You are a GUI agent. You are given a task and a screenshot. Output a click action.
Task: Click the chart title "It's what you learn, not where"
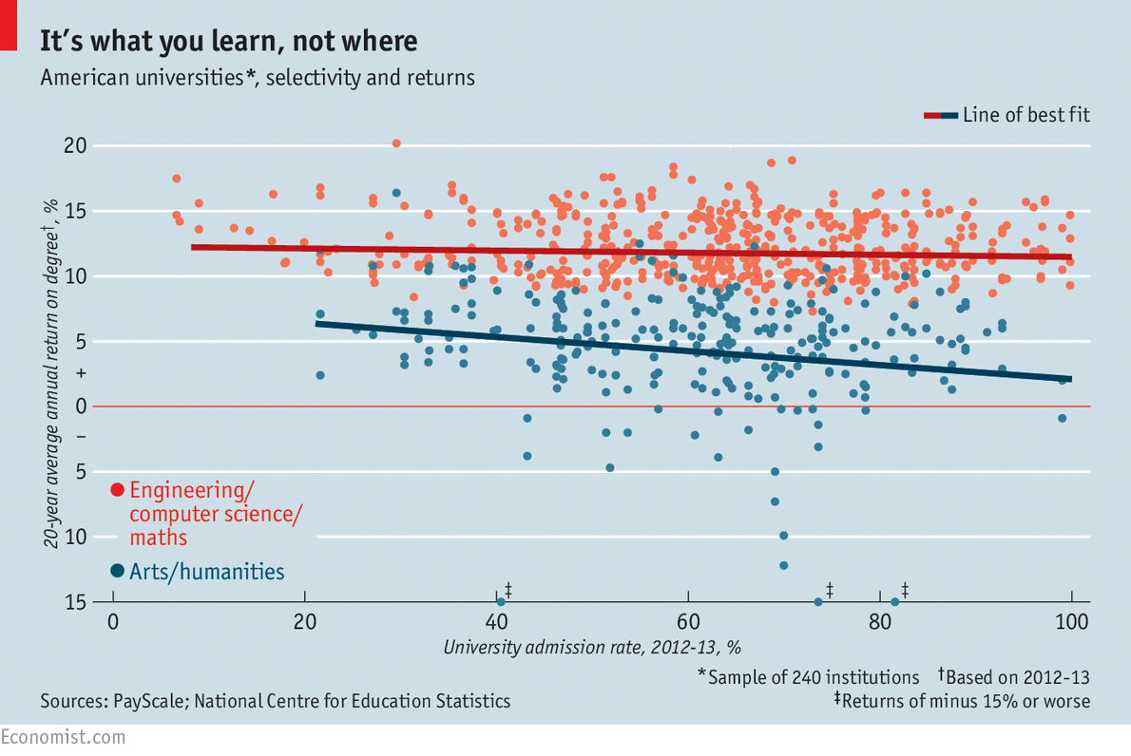click(228, 42)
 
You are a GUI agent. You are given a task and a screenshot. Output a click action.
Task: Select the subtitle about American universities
click(257, 78)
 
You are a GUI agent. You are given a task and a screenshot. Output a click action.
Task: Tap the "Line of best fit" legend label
click(1026, 115)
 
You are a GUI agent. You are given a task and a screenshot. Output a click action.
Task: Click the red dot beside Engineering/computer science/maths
click(117, 490)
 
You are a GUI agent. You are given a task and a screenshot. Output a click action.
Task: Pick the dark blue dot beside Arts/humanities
click(117, 571)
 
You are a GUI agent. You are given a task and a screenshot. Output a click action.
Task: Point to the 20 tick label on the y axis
click(75, 146)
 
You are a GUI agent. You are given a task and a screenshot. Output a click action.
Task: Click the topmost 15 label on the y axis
click(75, 211)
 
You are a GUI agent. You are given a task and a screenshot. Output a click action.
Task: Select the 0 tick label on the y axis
click(81, 406)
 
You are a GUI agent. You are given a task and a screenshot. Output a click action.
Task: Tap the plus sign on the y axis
click(81, 374)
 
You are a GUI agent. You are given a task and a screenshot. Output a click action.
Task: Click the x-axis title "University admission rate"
click(591, 648)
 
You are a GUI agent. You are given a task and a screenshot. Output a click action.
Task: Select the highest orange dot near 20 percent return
click(396, 143)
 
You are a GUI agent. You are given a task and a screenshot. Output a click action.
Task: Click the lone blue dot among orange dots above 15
click(396, 193)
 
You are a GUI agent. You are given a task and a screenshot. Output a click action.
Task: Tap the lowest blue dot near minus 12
click(783, 565)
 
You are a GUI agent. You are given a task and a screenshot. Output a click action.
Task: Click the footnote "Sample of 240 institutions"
click(814, 677)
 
